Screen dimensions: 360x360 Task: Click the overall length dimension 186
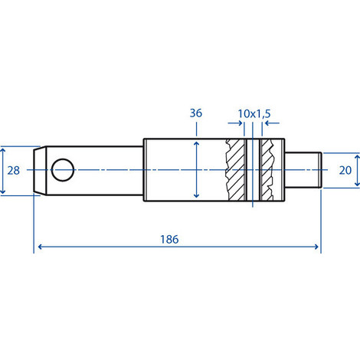coord(169,239)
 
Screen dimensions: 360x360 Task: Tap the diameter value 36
coord(196,113)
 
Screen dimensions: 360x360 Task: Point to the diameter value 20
coord(346,169)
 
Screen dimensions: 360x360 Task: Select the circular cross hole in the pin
coord(62,169)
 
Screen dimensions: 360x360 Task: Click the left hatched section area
coord(234,169)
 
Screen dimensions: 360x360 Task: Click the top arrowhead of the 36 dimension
coord(197,141)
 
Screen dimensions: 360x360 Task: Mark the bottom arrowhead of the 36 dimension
coord(197,198)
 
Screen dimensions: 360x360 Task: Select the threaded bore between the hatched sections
coord(251,169)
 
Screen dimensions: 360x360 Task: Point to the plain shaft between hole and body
coord(111,169)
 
